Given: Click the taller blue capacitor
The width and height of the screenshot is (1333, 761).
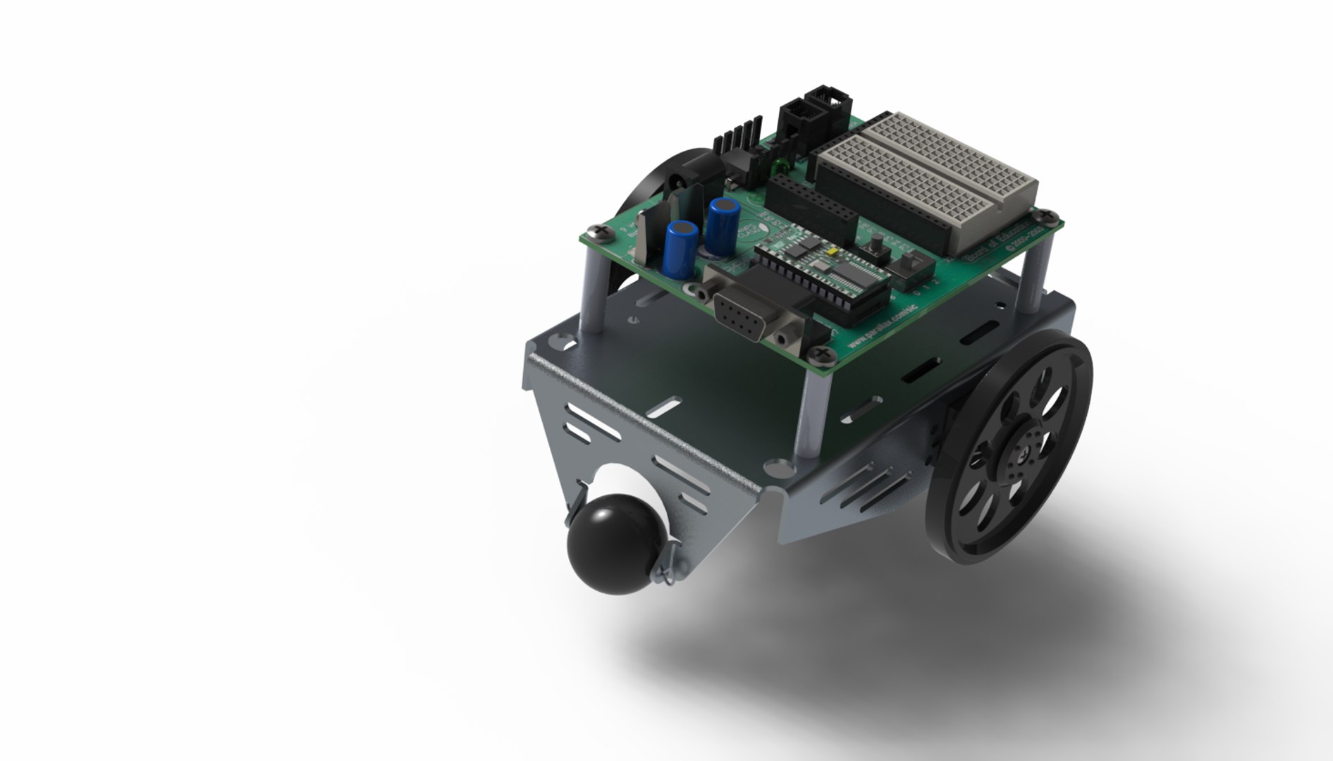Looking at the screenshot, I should (724, 226).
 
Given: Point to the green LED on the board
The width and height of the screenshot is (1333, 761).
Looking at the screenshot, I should (780, 168).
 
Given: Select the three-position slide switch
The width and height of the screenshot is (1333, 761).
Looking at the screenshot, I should (909, 266).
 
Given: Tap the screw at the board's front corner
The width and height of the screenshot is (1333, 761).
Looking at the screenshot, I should (823, 350).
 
